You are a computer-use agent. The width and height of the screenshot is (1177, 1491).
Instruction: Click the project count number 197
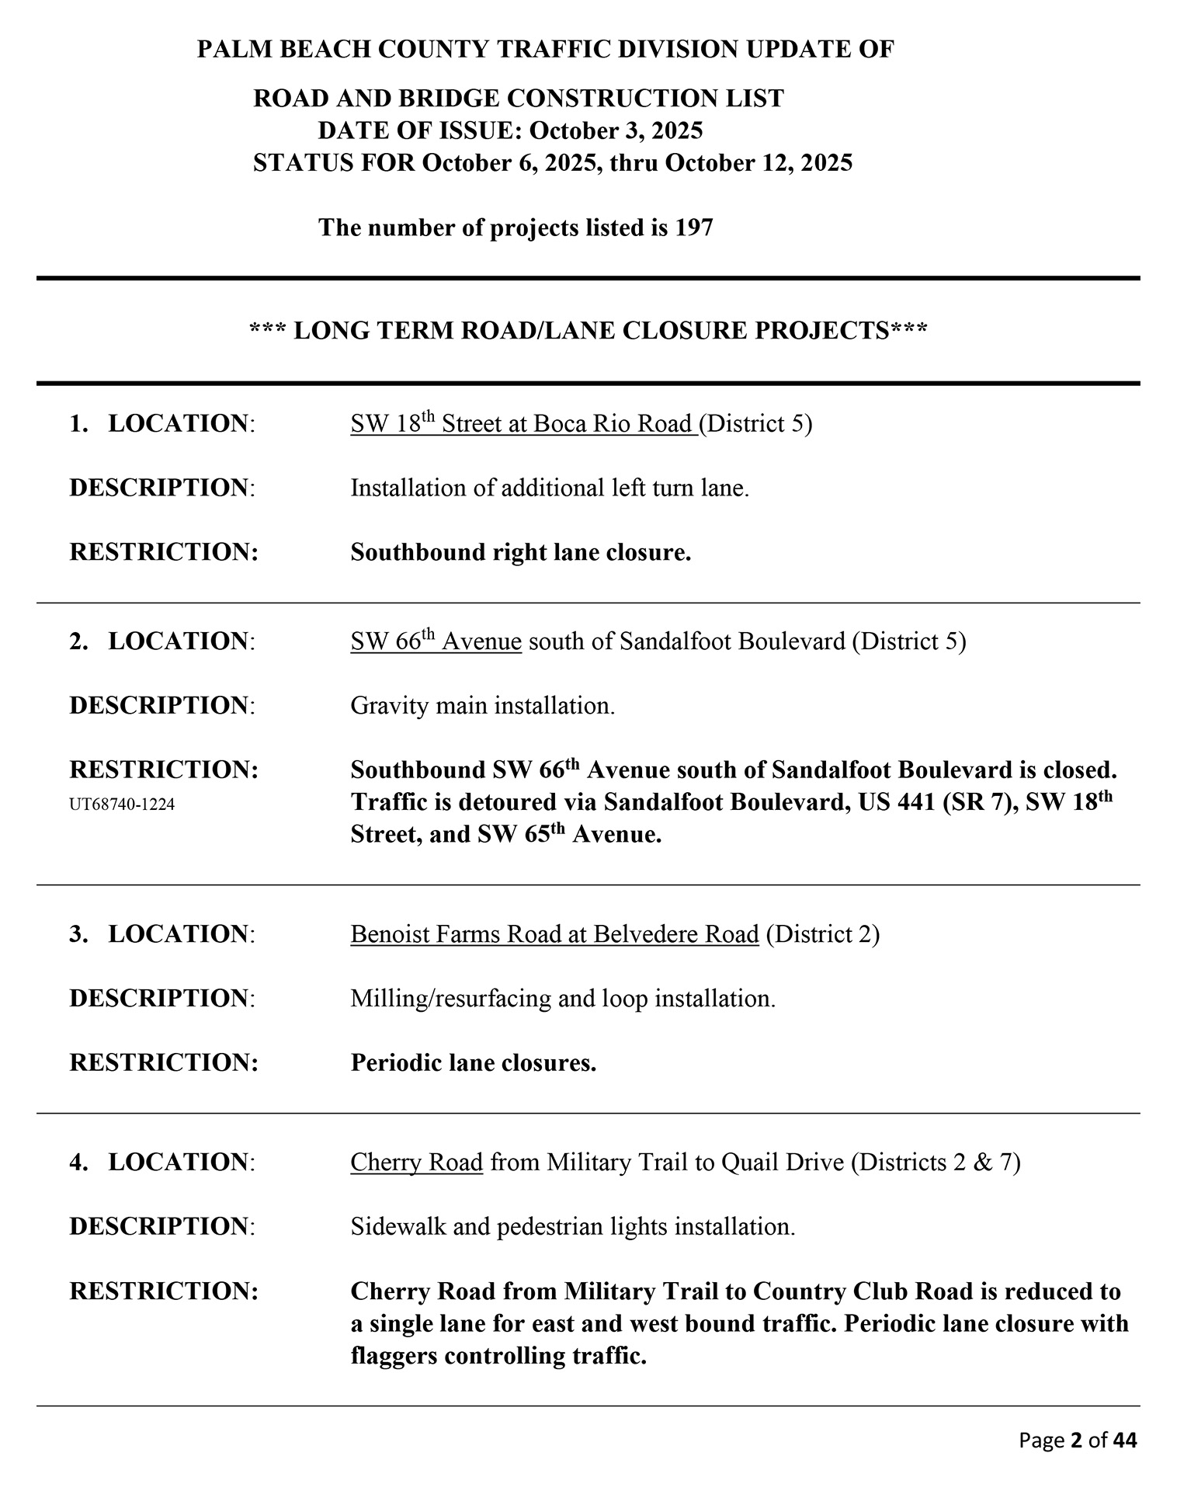[693, 228]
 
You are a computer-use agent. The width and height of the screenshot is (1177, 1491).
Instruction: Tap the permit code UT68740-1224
[122, 805]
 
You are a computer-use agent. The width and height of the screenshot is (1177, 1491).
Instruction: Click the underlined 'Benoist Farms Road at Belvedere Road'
[554, 933]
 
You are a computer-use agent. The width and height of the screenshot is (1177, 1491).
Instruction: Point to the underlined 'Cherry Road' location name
[416, 1162]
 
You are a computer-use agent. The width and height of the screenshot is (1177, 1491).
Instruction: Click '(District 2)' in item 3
[822, 933]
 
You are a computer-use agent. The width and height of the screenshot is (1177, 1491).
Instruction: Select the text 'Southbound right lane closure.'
[521, 552]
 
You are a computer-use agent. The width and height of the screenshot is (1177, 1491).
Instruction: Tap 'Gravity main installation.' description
[482, 706]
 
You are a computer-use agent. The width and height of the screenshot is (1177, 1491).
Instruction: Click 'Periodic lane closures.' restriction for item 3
[474, 1062]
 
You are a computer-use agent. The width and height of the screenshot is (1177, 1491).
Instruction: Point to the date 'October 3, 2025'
[616, 130]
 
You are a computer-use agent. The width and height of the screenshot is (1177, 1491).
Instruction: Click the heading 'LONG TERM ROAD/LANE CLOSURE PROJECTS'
[588, 331]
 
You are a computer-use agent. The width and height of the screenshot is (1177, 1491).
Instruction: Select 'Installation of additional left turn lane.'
[550, 488]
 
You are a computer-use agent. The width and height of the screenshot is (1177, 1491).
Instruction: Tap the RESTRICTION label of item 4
[164, 1291]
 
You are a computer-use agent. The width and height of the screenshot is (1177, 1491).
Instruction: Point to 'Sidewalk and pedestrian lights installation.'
[573, 1227]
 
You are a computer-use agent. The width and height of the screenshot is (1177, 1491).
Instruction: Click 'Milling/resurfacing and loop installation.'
[563, 998]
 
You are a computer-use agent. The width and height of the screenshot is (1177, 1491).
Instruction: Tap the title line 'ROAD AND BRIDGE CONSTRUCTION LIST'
[519, 99]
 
